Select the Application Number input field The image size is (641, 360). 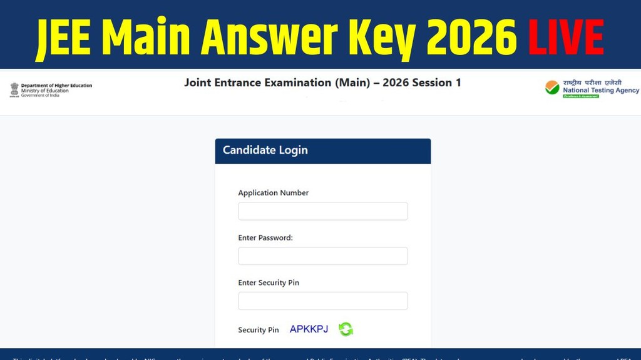[x=322, y=211]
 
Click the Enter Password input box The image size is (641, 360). [x=322, y=256]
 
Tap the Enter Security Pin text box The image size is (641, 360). [x=322, y=301]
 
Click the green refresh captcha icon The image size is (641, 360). [x=346, y=329]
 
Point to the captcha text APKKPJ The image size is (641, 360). [x=309, y=329]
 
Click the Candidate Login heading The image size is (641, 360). [x=265, y=150]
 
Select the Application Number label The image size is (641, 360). [x=273, y=193]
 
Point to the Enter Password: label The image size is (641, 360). [x=265, y=238]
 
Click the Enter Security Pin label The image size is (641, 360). [x=269, y=283]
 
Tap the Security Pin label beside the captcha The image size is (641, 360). [x=258, y=330]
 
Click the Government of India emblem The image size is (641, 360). [x=14, y=89]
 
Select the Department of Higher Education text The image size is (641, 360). [x=56, y=86]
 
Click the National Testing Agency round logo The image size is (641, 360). [x=552, y=88]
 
